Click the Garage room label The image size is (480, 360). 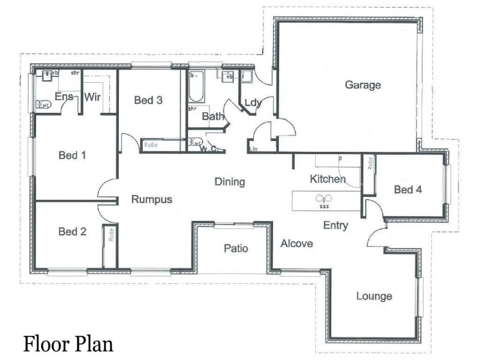click(362, 85)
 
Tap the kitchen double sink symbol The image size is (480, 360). click(324, 199)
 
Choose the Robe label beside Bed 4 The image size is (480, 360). click(370, 163)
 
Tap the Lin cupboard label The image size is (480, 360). click(253, 148)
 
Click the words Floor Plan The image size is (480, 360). click(68, 344)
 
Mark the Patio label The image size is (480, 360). click(236, 248)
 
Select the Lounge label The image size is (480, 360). click(374, 296)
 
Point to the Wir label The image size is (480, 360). click(91, 97)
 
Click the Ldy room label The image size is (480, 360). click(253, 103)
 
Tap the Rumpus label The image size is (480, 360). click(152, 200)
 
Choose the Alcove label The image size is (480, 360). click(296, 244)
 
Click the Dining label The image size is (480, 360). click(230, 182)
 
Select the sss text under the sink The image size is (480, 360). click(324, 206)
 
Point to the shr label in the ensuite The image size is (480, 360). click(75, 73)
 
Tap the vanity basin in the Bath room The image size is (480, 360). click(229, 76)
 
